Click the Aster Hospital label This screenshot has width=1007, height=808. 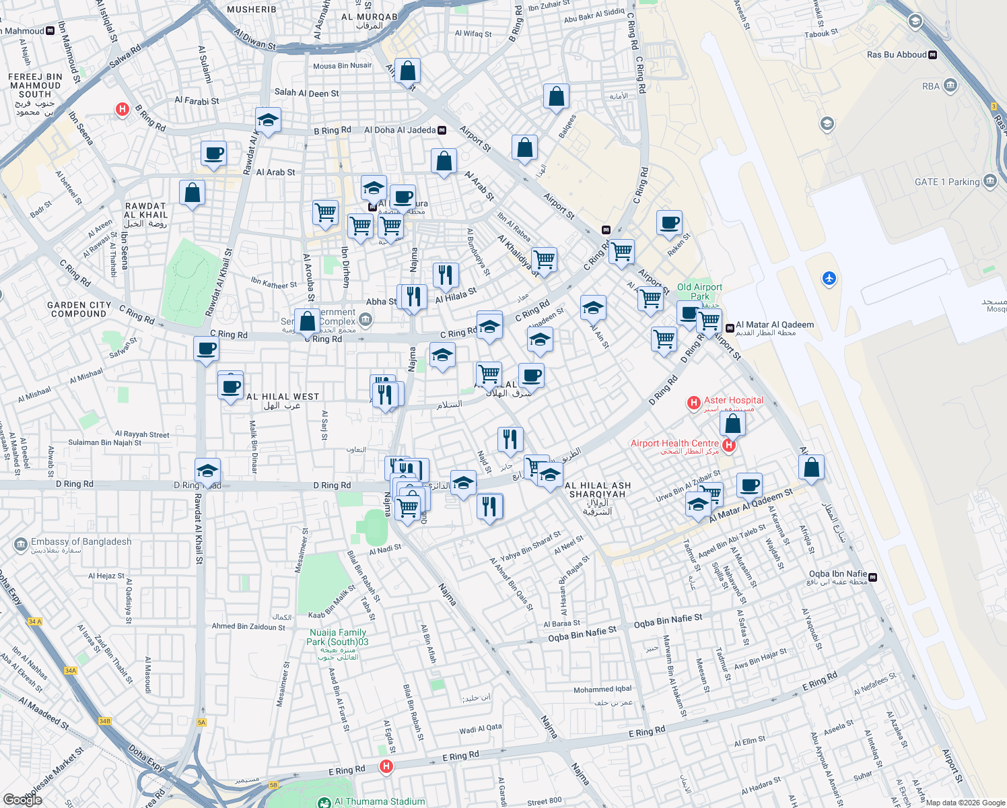[x=733, y=401]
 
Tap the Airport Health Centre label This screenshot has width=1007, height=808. [x=674, y=444]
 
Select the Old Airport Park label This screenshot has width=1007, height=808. [x=699, y=292]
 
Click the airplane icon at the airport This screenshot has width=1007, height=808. [x=829, y=278]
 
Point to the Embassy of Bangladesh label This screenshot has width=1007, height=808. [x=81, y=542]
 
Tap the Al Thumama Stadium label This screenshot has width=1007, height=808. [x=380, y=801]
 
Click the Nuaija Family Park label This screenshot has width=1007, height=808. [x=337, y=637]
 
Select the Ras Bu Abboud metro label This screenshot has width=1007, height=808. [x=897, y=55]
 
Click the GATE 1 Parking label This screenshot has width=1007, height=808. [x=947, y=182]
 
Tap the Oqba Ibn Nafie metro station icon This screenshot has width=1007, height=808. [x=873, y=577]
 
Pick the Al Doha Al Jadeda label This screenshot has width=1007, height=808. [x=400, y=130]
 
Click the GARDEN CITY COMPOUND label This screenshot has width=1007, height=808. [x=79, y=309]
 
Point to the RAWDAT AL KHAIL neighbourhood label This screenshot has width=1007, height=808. [x=145, y=211]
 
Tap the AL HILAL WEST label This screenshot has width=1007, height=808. [x=283, y=397]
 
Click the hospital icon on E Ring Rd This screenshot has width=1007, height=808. [x=386, y=766]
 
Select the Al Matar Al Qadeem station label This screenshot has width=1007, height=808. [x=774, y=325]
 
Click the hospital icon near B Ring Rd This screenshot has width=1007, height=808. [x=122, y=109]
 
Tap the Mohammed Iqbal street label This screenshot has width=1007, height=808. [x=602, y=689]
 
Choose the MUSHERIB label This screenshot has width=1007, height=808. [x=252, y=9]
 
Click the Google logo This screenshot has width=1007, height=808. [x=22, y=799]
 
